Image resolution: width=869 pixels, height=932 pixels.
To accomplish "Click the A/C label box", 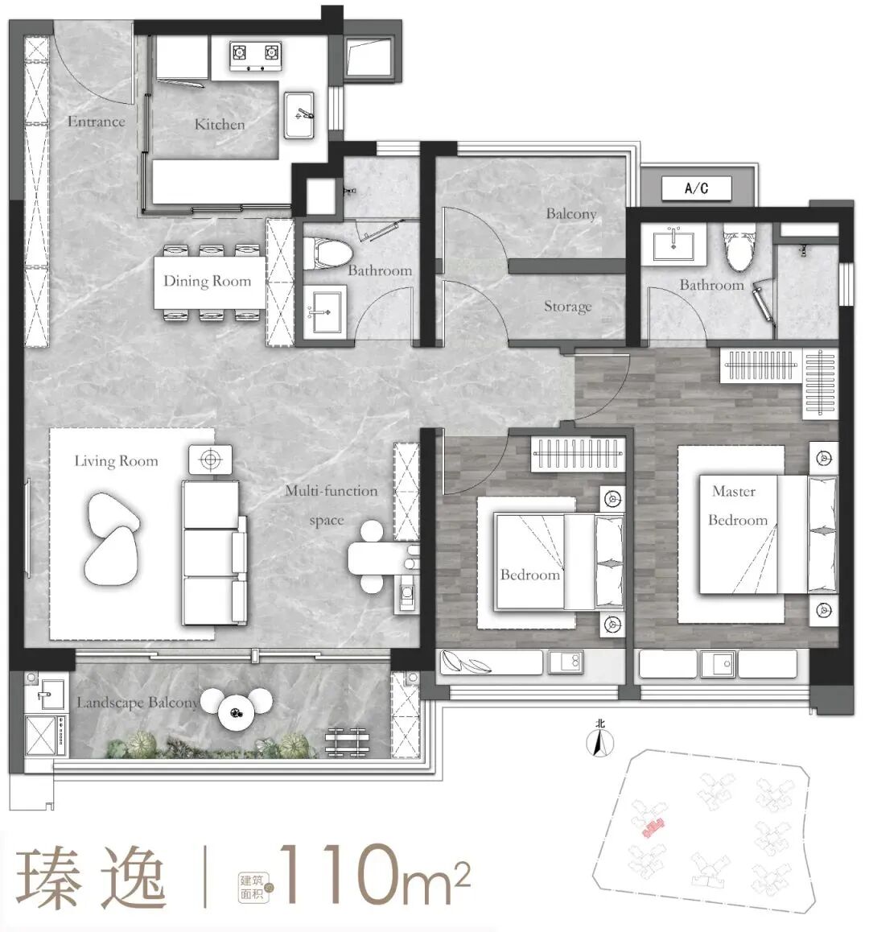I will click(x=696, y=188).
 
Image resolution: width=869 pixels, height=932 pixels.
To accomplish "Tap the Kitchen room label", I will click(x=220, y=125).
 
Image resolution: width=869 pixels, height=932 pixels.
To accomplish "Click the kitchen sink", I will click(x=301, y=112).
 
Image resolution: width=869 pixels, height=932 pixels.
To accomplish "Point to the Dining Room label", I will click(x=207, y=281).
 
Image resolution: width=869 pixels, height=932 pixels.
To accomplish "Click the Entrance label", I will click(x=96, y=122).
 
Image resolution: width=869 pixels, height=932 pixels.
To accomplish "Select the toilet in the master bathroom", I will click(x=737, y=247).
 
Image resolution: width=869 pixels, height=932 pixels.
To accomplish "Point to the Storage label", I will click(x=567, y=307).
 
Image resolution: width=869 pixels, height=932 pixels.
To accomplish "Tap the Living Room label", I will click(x=116, y=461).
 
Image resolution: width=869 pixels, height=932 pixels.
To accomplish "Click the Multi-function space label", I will click(x=330, y=505).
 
